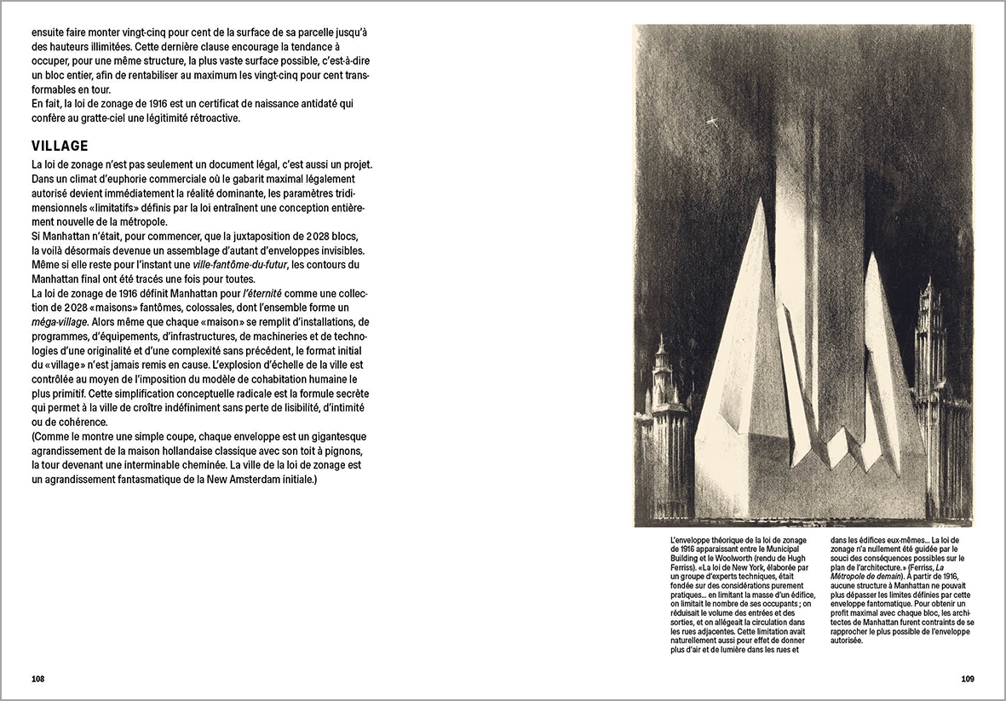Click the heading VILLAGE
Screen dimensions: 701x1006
[x=60, y=146]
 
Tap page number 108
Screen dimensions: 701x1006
[x=37, y=679]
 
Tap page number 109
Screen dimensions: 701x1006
[x=967, y=679]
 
